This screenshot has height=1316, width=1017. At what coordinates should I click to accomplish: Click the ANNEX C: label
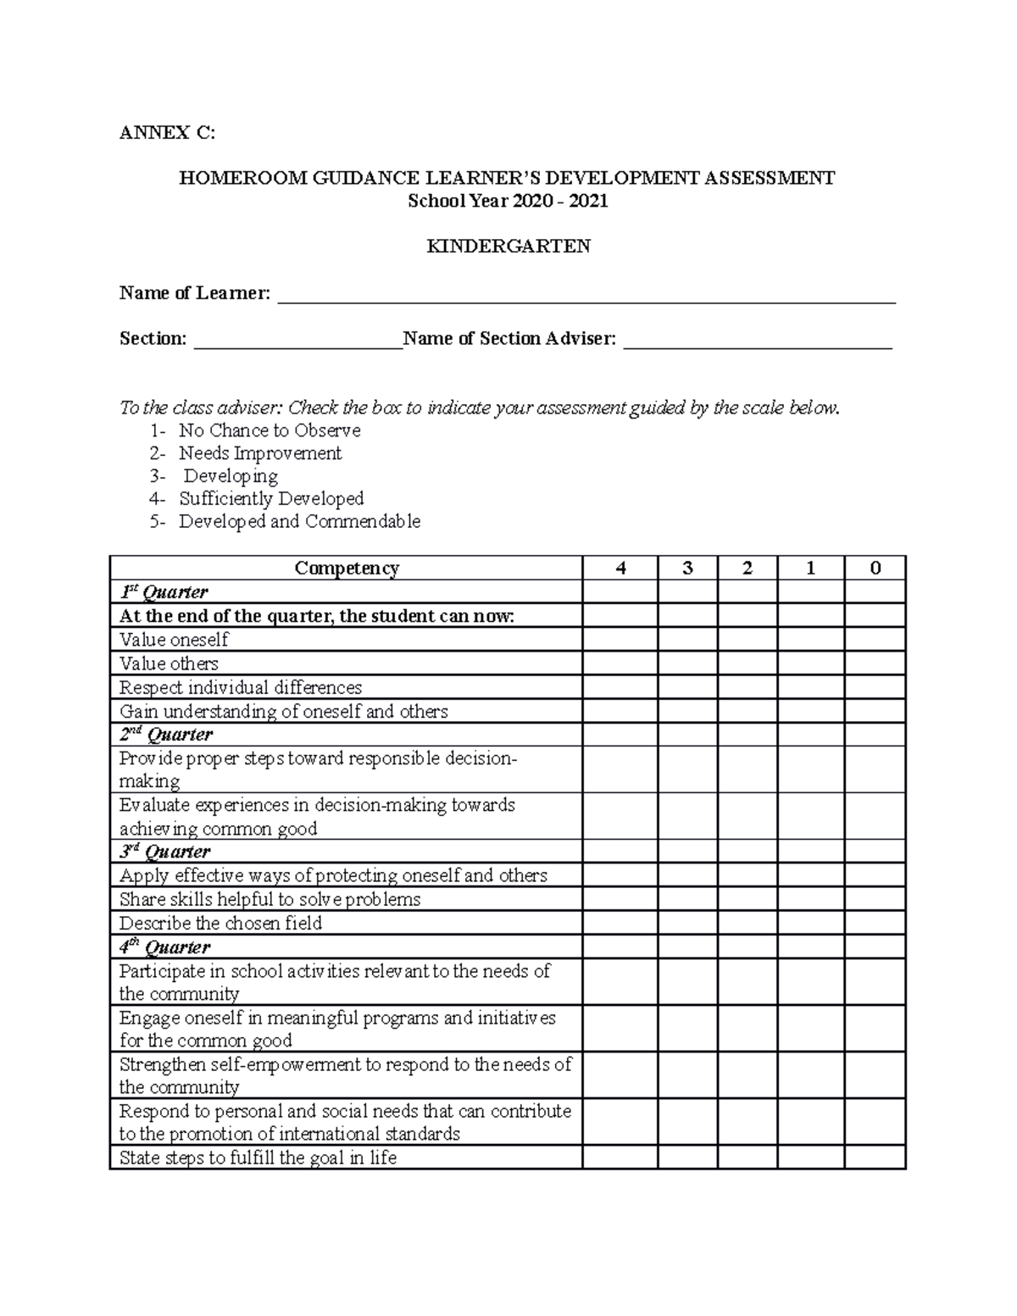point(167,132)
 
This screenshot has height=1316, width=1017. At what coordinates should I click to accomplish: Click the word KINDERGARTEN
point(508,247)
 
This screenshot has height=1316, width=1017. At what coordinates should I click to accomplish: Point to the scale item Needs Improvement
point(259,453)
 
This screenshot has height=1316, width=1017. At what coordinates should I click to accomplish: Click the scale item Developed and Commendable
point(298,522)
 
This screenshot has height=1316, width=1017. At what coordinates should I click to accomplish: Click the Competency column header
point(346,569)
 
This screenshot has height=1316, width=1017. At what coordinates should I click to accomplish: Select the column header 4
point(620,569)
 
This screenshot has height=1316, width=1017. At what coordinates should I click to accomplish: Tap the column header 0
point(875,569)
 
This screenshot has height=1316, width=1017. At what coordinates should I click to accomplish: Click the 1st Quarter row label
point(164,592)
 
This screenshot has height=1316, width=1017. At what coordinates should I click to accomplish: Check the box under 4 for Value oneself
point(620,640)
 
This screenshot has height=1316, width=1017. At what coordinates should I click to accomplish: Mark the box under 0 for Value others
point(875,664)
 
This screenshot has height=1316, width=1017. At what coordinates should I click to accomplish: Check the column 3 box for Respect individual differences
point(687,687)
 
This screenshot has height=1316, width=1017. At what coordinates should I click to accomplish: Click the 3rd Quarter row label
point(164,852)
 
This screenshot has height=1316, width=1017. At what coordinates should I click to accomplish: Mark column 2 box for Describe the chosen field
point(747,923)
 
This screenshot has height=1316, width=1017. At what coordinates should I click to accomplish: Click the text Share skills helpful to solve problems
point(270,899)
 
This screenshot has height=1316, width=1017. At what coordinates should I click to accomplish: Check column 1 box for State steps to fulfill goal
point(810,1158)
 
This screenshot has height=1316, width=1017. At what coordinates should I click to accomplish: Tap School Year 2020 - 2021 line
point(508,202)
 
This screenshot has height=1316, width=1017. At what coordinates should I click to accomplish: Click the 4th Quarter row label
point(164,947)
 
